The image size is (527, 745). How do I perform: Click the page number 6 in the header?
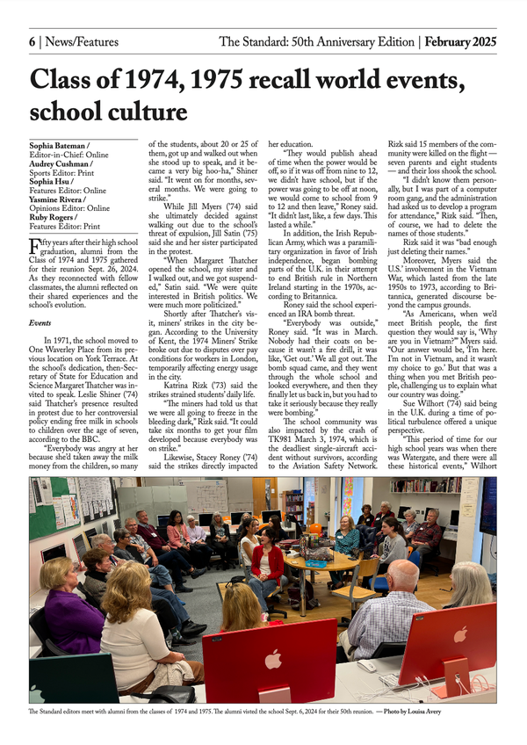point(32,41)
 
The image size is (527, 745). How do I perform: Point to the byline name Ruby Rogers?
point(54,218)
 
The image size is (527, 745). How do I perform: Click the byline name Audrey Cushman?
point(62,162)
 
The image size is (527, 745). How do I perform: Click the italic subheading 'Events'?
point(40,299)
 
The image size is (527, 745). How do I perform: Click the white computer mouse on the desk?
point(368,665)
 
